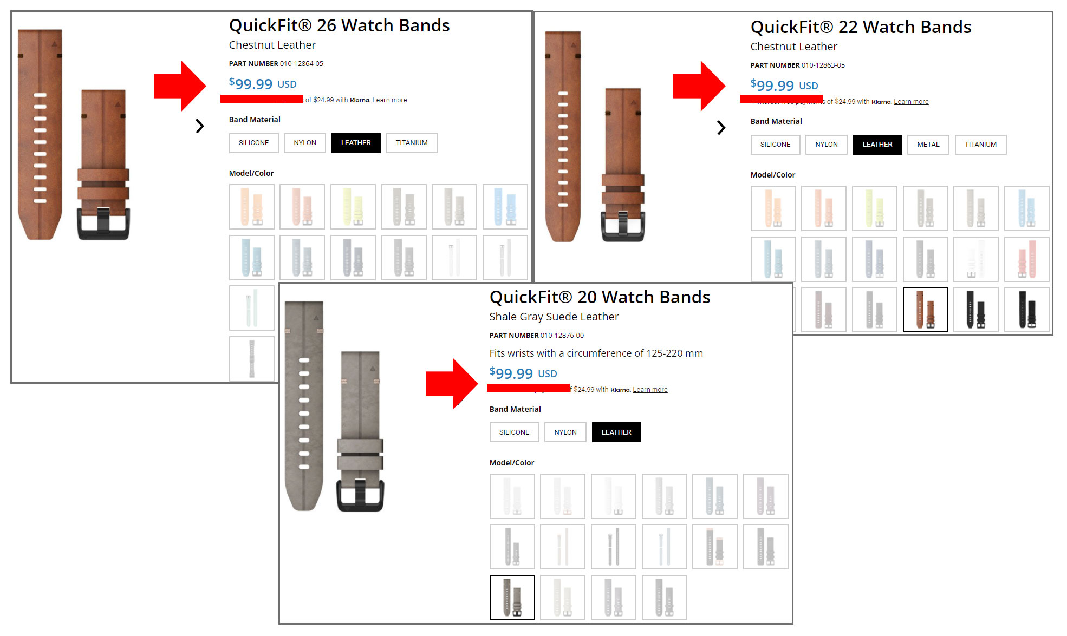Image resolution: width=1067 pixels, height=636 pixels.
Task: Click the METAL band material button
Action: point(928,145)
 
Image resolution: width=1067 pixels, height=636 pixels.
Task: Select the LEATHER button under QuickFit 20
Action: point(616,432)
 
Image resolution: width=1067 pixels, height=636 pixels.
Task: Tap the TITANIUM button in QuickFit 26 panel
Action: point(411,143)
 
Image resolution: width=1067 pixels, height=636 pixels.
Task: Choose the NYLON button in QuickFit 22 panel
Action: point(826,145)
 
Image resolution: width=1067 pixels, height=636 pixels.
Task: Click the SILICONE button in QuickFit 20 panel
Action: point(514,432)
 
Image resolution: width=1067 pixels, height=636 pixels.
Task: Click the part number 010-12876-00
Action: point(562,336)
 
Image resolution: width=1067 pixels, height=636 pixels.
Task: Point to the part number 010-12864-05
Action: point(301,64)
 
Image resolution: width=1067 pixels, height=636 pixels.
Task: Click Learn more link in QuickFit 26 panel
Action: point(389,100)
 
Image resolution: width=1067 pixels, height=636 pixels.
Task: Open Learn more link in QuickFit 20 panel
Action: point(650,390)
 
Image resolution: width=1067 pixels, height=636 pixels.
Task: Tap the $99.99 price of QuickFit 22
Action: point(784,86)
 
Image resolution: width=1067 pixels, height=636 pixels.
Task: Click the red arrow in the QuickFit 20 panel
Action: point(451,383)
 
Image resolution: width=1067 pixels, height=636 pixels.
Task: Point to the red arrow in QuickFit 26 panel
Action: point(179,86)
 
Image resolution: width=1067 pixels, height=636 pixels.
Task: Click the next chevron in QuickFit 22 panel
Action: point(721,128)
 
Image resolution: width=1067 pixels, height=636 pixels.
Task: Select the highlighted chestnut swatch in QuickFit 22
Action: point(925,310)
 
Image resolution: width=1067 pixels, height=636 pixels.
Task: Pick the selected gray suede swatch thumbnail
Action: point(512,598)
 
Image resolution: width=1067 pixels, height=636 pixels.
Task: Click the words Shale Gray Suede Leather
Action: point(554,317)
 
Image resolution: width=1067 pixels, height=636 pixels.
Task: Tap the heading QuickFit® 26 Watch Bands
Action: point(339,25)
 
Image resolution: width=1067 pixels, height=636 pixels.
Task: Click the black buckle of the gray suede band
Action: point(360,494)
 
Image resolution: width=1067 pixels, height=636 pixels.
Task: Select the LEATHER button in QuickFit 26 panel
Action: point(356,143)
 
